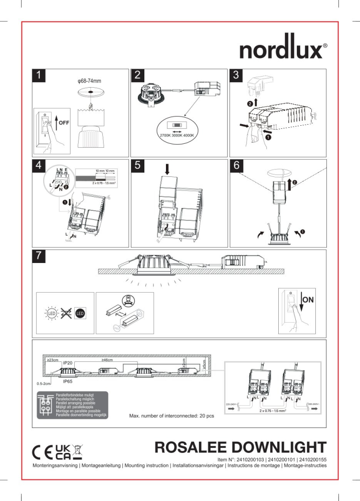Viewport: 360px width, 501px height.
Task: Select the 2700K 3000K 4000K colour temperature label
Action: pos(176,136)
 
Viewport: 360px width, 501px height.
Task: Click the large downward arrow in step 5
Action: pos(168,169)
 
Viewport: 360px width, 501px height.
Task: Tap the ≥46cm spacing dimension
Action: pos(107,360)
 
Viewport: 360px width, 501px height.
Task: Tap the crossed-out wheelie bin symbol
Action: pos(78,451)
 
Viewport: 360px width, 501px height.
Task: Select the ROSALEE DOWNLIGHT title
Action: pos(241,447)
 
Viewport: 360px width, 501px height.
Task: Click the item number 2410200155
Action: pos(309,459)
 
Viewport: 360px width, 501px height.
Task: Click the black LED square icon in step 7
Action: pos(80,314)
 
